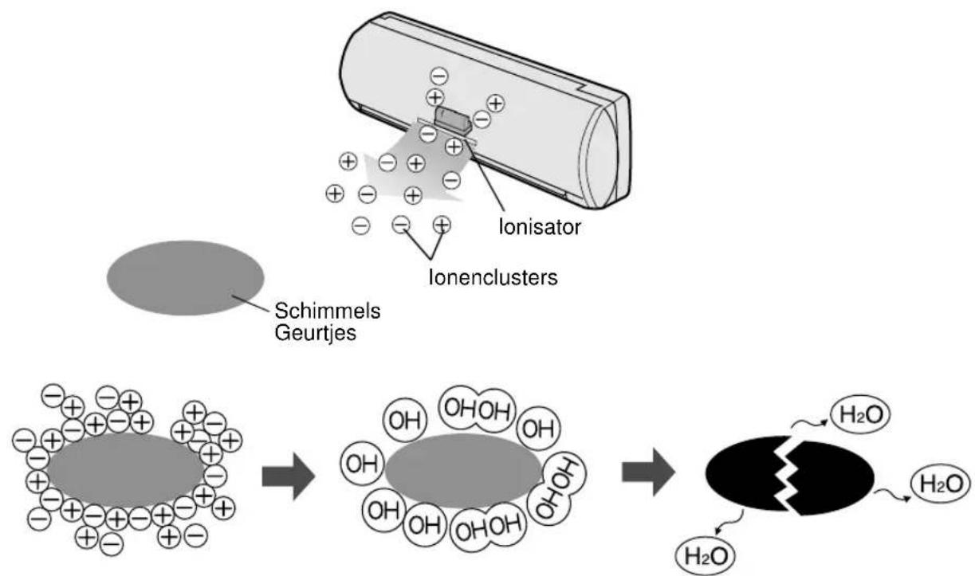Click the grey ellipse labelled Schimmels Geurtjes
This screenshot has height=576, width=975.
[185, 277]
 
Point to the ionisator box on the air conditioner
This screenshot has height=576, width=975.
[450, 121]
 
